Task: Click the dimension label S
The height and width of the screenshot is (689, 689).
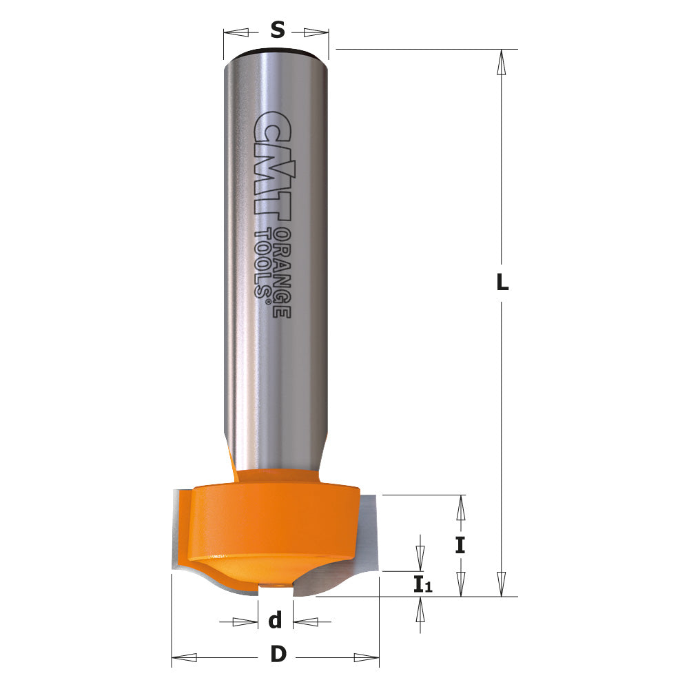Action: point(277,30)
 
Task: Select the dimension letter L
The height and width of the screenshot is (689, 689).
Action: point(502,282)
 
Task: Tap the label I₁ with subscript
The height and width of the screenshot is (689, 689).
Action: point(422,586)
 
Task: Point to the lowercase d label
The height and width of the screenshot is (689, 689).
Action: point(276,621)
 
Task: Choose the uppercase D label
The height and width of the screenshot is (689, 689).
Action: point(277,655)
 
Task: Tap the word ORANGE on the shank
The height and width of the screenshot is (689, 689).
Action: point(280,272)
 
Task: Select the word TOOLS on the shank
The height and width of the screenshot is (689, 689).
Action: point(263,262)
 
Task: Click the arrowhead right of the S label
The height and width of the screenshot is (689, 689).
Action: point(316,32)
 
